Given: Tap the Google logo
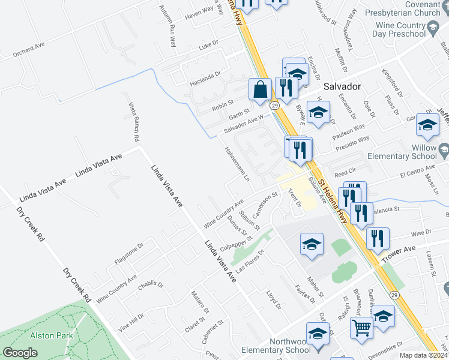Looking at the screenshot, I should [x=20, y=353].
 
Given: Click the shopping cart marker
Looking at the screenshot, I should [x=362, y=328].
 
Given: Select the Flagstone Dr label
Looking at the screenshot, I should [x=129, y=254].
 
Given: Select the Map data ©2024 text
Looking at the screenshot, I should [x=424, y=355].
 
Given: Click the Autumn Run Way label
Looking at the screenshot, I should [x=167, y=27].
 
